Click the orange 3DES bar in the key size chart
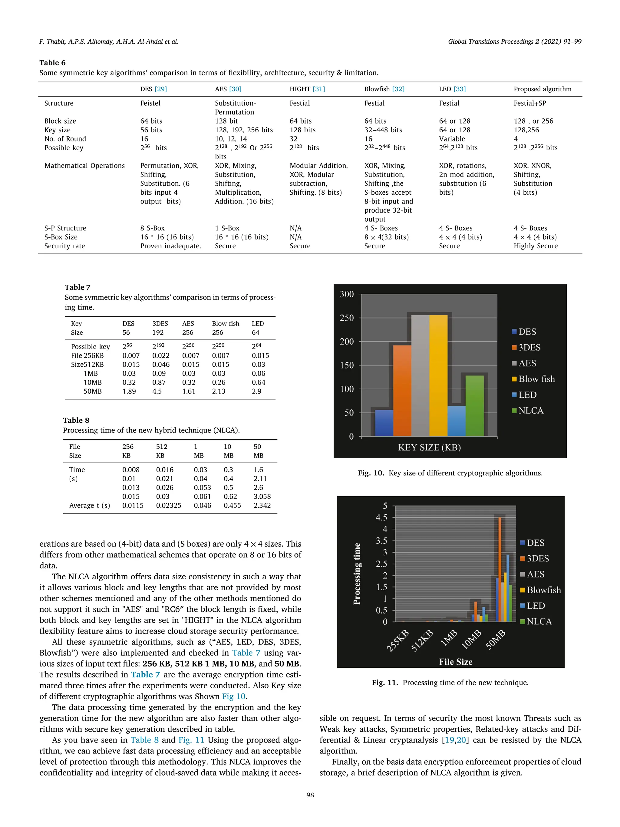tap(402, 391)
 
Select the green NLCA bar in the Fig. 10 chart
tap(474, 406)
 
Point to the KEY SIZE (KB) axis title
tap(429, 447)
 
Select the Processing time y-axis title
tap(357, 574)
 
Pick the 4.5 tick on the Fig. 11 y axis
tap(381, 518)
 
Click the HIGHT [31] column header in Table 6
tap(307, 89)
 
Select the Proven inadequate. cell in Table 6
tap(170, 246)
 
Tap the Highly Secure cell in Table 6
tap(535, 246)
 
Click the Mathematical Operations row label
tap(84, 166)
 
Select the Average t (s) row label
tap(89, 505)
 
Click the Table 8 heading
tap(76, 420)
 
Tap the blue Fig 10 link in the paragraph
tap(234, 696)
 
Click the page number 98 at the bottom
tap(310, 795)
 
